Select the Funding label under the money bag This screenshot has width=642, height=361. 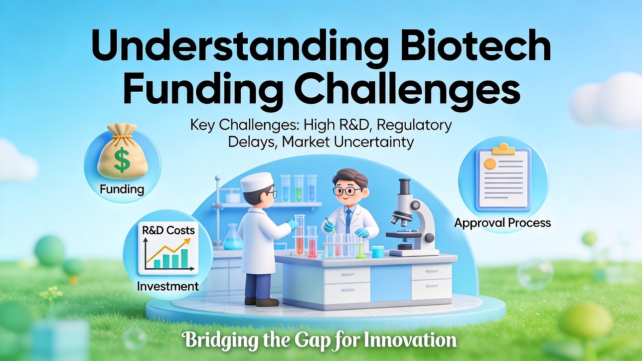[122, 189]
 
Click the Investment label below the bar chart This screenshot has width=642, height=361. [169, 286]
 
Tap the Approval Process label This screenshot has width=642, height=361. [503, 223]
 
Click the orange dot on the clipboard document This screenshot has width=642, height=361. [489, 163]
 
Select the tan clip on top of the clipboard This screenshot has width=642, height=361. [503, 149]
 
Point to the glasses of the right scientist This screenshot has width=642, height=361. [346, 191]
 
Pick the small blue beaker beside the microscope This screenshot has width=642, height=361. [378, 252]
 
